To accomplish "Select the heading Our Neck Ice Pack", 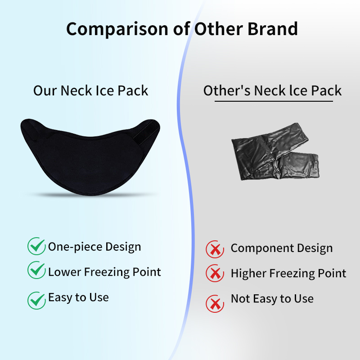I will [90, 90].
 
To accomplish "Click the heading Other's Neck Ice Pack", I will [273, 90].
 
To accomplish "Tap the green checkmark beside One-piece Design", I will [36, 247].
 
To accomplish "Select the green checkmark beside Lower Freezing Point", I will [36, 272].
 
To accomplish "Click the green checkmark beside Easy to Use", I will [36, 299].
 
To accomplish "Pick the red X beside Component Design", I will [215, 248].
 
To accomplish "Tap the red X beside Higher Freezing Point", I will [215, 274].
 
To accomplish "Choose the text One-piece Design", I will [94, 247].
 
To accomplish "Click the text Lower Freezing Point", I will [104, 272].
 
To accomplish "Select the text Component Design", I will [282, 248].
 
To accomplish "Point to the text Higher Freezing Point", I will [288, 273].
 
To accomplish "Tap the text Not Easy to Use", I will [272, 298].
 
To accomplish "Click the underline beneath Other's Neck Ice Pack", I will [274, 101].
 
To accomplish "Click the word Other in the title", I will [218, 28].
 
